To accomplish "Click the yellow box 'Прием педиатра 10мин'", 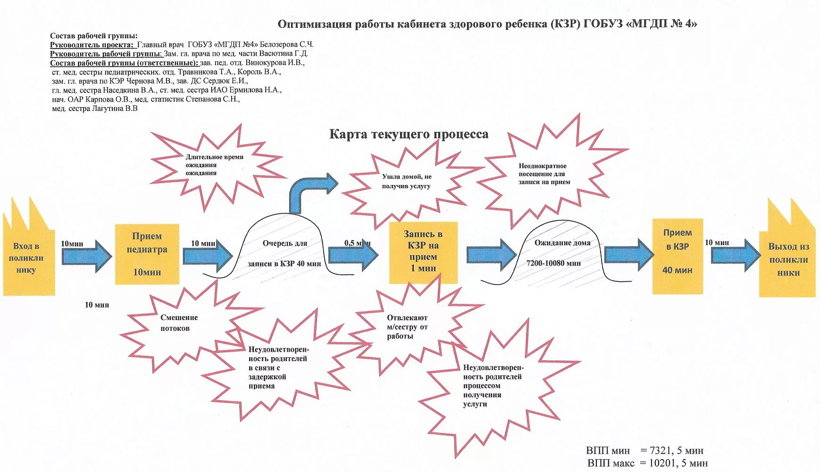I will [147, 254].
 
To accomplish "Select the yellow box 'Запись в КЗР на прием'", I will [423, 252].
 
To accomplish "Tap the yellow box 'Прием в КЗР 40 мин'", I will [677, 256].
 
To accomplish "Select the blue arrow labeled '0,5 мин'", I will [353, 254].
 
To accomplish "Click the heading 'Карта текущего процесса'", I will [409, 135].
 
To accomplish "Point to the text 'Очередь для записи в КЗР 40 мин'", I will [284, 253].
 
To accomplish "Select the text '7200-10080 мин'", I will [553, 263].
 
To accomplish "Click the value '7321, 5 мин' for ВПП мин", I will [676, 451].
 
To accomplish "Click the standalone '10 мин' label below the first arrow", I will [97, 305].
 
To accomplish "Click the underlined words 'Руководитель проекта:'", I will [92, 44].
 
